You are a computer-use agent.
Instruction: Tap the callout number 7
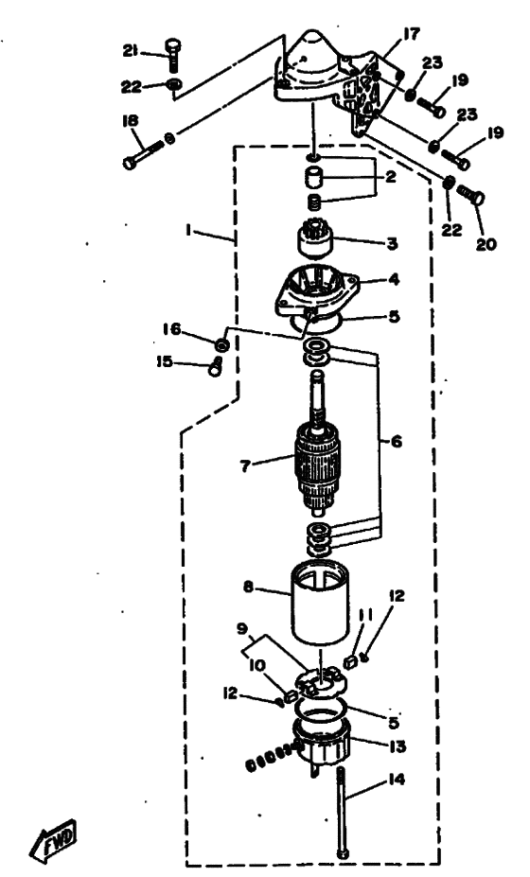[244, 465]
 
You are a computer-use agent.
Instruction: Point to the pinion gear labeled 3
[313, 238]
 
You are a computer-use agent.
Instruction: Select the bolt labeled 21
[173, 54]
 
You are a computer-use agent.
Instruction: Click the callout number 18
[131, 120]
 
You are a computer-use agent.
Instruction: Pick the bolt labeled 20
[470, 197]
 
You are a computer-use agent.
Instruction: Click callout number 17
[410, 35]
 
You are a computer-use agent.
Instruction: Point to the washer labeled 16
[222, 344]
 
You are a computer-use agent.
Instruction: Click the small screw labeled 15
[216, 367]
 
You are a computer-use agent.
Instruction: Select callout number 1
[188, 231]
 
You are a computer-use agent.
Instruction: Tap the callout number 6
[397, 442]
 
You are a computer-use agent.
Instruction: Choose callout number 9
[241, 628]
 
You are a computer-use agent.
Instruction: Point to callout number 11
[365, 615]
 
